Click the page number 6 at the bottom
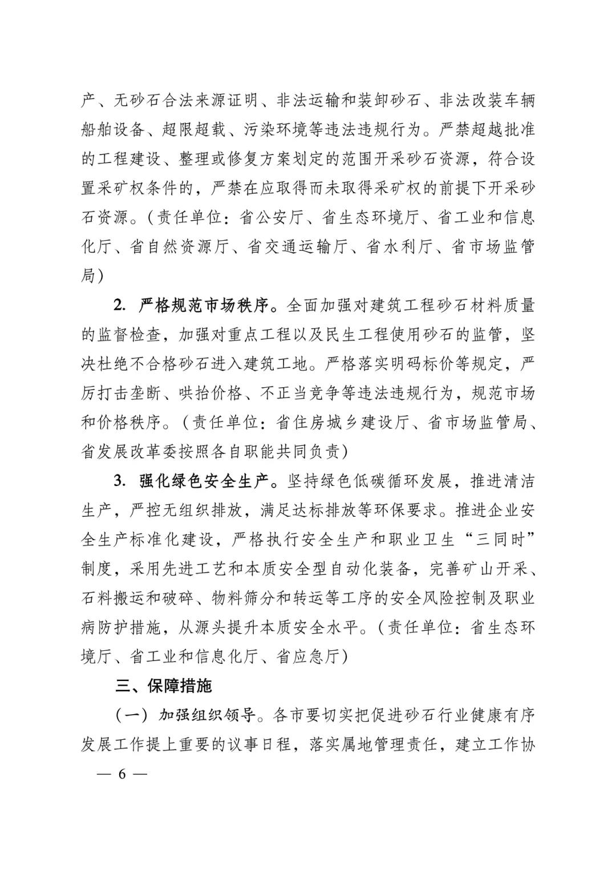(121, 774)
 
